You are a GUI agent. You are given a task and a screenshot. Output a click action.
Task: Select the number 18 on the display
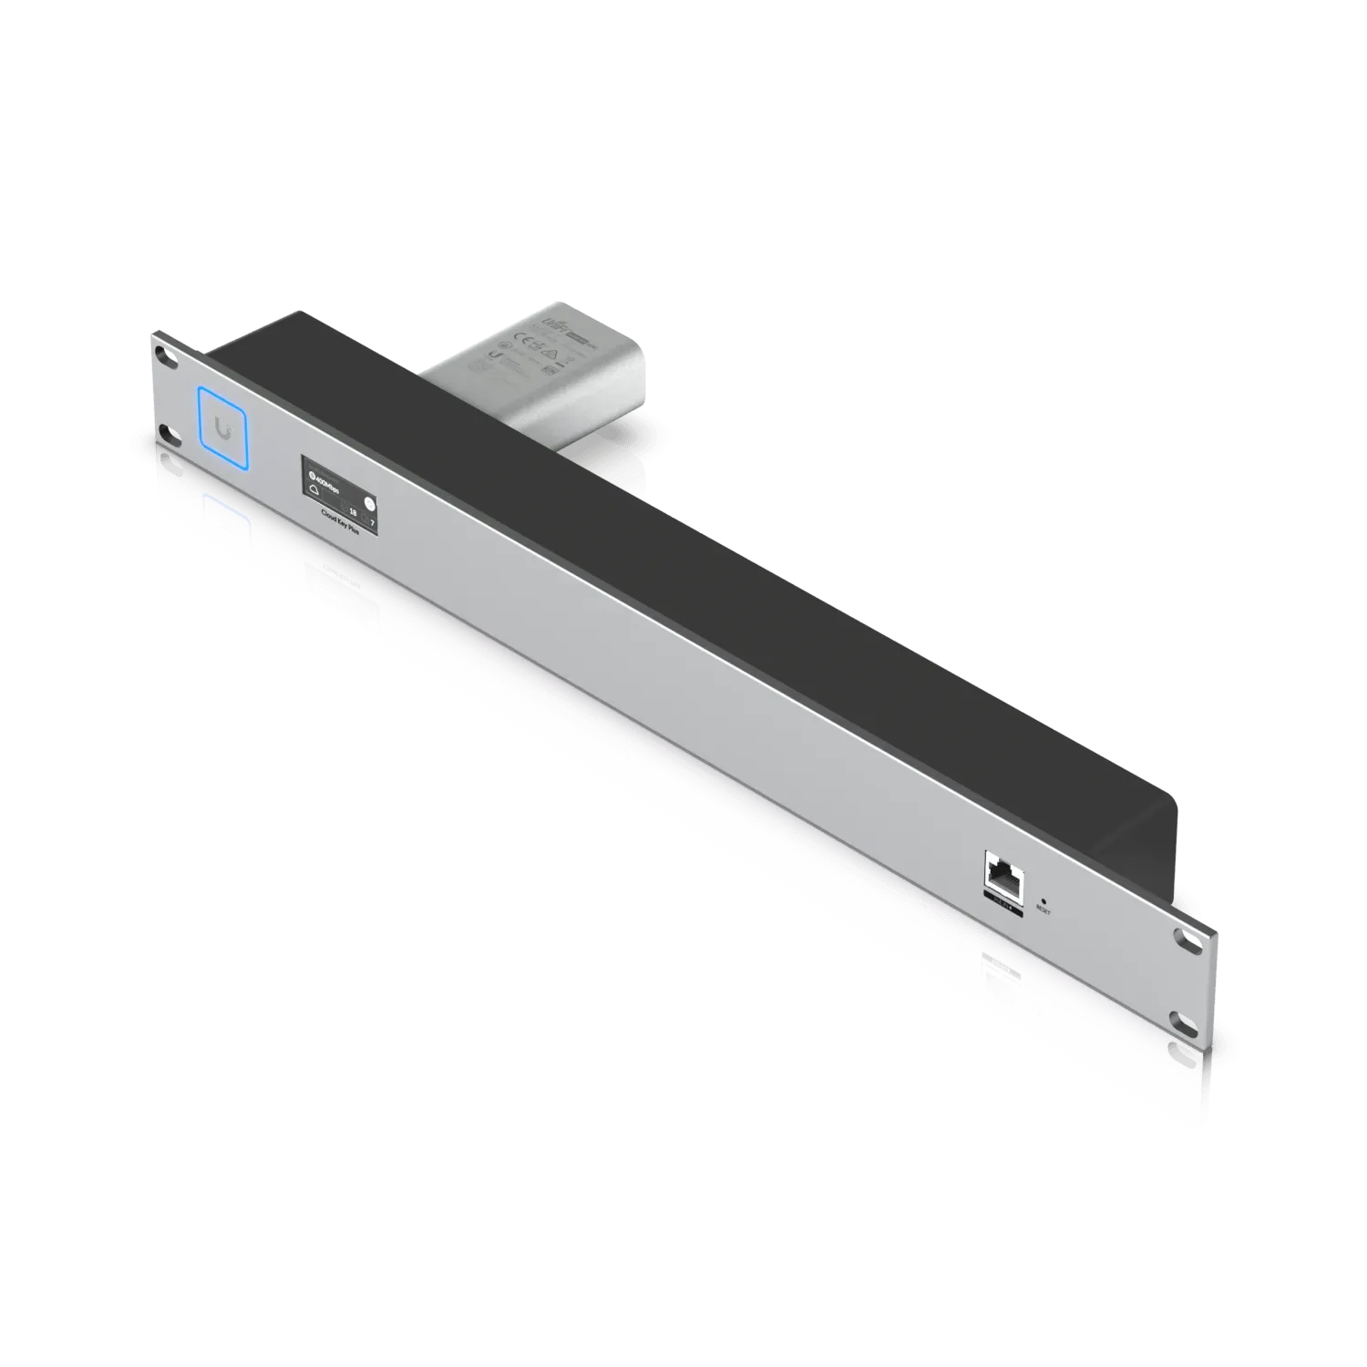coord(351,512)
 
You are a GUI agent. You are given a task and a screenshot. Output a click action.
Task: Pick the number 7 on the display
coord(371,519)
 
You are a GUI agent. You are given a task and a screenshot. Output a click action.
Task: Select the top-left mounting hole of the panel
coord(161,352)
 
